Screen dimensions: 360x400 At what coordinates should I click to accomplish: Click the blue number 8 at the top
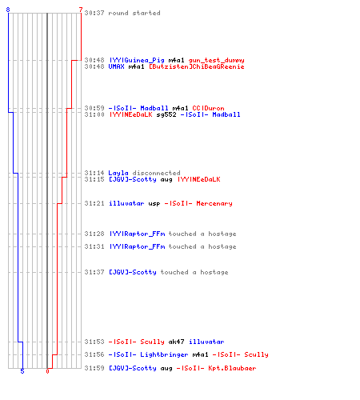coord(8,10)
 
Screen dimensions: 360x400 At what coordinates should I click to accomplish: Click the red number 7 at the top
coord(81,10)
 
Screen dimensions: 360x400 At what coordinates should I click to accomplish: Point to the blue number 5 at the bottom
coord(22,371)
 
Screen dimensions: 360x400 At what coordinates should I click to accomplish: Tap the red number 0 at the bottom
coord(47,371)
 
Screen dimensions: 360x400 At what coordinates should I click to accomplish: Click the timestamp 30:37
coord(94,13)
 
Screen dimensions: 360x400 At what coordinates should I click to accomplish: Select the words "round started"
coord(134,13)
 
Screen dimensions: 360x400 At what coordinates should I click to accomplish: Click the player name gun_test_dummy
coord(216,60)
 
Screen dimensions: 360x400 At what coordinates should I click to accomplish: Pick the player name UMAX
coord(116,66)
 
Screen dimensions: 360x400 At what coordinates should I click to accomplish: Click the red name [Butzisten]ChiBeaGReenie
coord(196,66)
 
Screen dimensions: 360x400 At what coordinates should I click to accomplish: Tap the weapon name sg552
coord(166,114)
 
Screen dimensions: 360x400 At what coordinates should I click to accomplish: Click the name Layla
coord(118,173)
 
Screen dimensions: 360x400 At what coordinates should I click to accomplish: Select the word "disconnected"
coord(156,173)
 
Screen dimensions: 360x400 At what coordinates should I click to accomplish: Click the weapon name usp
coord(154,204)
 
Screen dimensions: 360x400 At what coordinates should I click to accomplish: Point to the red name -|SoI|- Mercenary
coord(198,203)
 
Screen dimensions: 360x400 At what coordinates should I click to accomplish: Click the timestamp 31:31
coord(94,246)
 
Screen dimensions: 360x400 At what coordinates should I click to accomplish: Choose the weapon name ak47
coord(176,342)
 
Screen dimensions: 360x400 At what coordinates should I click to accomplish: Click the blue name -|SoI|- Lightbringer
coord(148,354)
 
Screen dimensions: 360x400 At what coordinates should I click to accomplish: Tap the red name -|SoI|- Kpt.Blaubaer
coord(216,368)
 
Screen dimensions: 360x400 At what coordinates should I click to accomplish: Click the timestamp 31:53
coord(94,342)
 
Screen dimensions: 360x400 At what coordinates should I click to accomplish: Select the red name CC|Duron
coord(208,108)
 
